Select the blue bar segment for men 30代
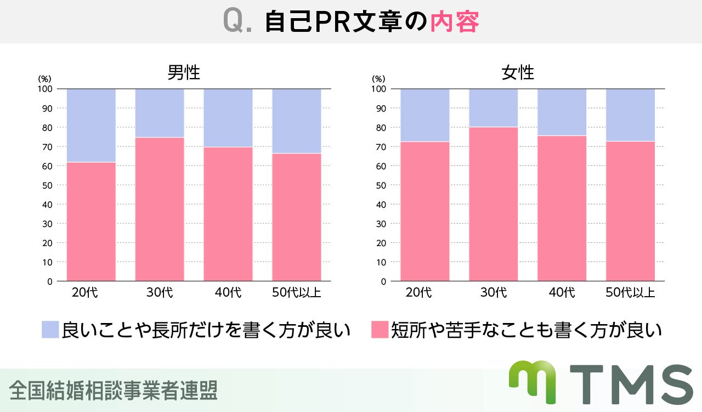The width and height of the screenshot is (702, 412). (x=160, y=113)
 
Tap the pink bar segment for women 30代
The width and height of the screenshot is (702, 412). (x=493, y=204)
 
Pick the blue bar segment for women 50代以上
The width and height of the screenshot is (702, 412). (x=630, y=115)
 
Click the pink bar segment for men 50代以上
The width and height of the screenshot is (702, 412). (x=297, y=217)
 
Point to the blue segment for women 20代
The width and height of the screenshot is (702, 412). (x=424, y=115)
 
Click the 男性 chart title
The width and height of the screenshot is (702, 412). (x=184, y=73)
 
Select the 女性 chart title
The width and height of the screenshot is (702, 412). (x=518, y=73)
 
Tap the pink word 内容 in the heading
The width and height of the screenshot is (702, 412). (x=455, y=23)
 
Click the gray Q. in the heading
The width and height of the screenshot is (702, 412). (x=237, y=23)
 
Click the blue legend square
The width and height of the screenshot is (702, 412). (x=50, y=330)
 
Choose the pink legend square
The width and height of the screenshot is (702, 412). (x=380, y=330)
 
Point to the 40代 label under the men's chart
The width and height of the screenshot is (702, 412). (x=228, y=292)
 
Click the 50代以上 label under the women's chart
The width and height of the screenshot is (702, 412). (x=630, y=292)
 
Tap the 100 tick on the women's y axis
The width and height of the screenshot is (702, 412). (x=378, y=89)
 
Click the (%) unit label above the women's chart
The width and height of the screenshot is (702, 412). (x=378, y=79)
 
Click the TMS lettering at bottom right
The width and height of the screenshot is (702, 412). (x=631, y=385)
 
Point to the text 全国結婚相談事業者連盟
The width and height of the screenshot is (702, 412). (x=114, y=390)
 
